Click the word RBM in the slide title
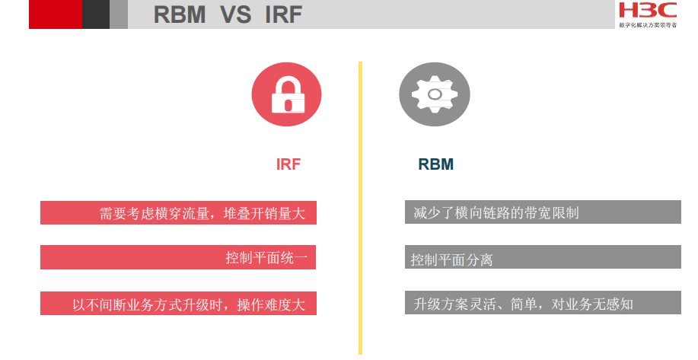click(x=180, y=14)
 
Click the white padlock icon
click(x=287, y=95)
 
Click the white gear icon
click(x=434, y=94)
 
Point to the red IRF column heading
click(x=288, y=164)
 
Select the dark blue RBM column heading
click(x=435, y=164)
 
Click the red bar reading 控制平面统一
click(x=178, y=258)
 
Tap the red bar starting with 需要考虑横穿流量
click(x=178, y=213)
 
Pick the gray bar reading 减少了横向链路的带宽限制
click(x=542, y=212)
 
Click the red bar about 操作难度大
click(x=178, y=304)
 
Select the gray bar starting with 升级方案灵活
click(x=542, y=304)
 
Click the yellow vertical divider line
click(x=360, y=205)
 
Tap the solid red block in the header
click(x=55, y=14)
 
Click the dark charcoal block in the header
click(x=95, y=14)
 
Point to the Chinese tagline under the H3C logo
click(x=647, y=24)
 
